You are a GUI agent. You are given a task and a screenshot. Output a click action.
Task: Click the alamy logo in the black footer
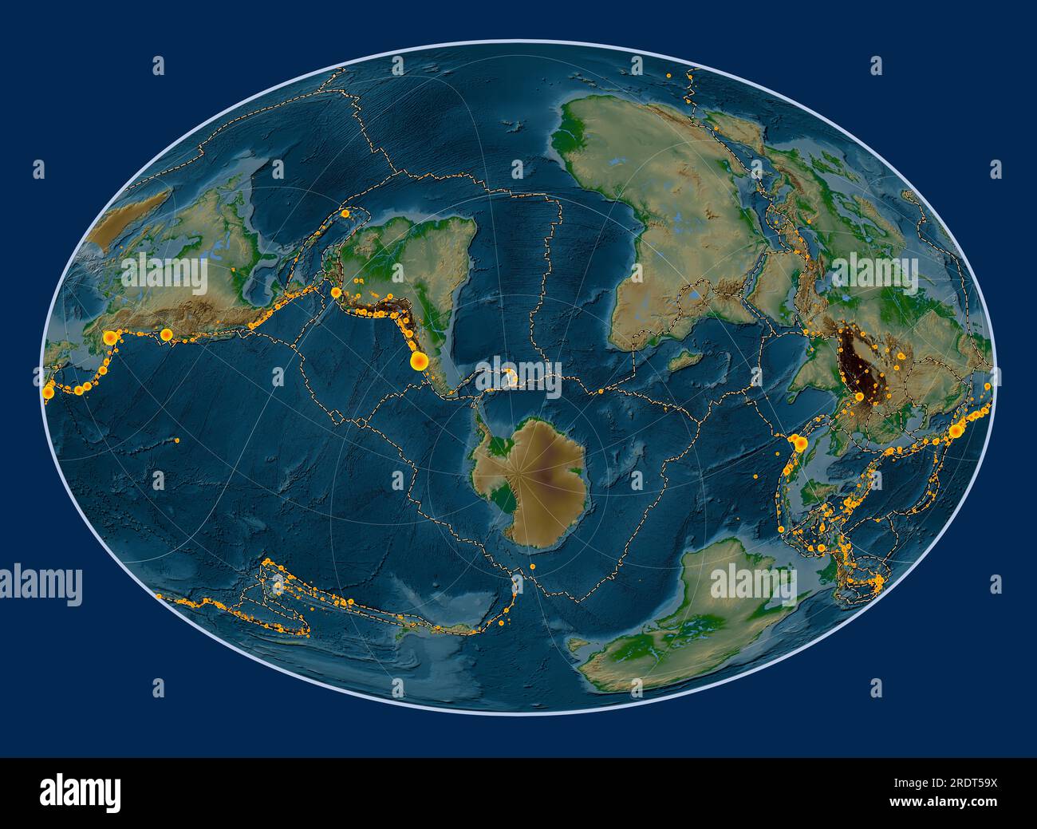click(x=81, y=791)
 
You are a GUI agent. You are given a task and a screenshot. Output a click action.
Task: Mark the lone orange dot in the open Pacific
click(x=177, y=439)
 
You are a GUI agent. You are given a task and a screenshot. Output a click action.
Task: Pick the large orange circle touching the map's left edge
click(x=49, y=392)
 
